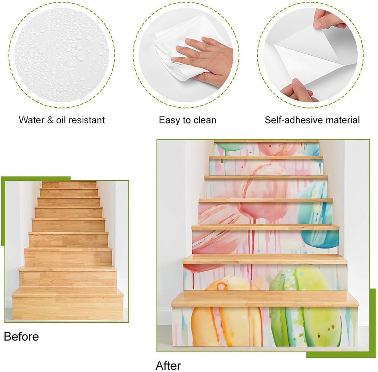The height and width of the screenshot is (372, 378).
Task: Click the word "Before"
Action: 21,337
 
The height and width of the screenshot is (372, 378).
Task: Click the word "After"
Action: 168,365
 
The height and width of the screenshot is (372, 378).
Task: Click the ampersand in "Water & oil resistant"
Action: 50,120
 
